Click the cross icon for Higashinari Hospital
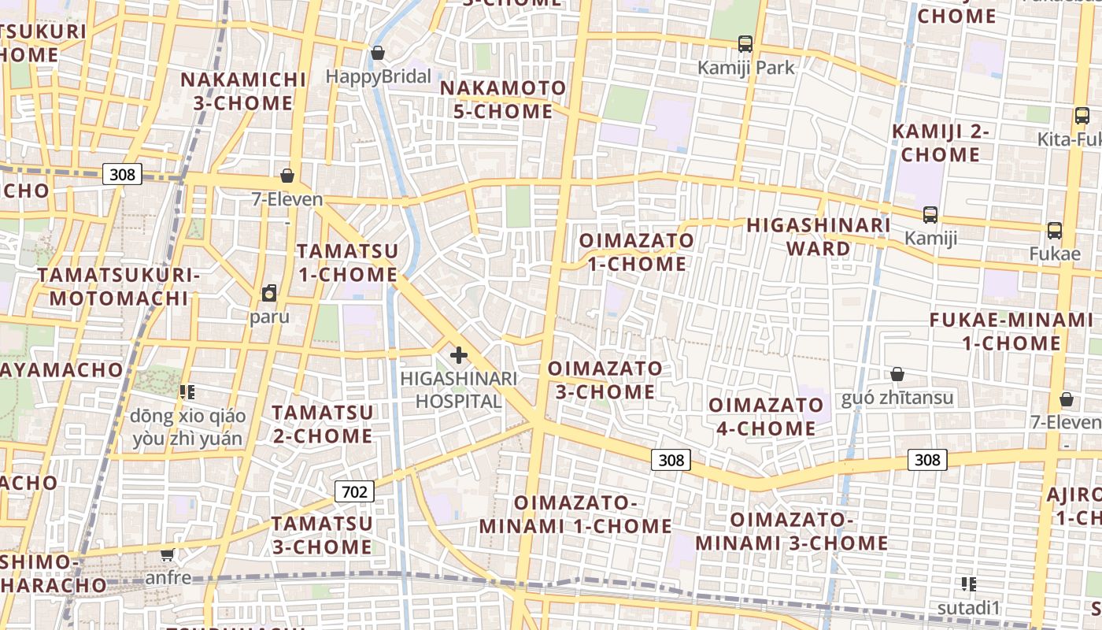pyautogui.click(x=458, y=355)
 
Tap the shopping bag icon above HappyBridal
pyautogui.click(x=378, y=54)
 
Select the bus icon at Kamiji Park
pyautogui.click(x=745, y=44)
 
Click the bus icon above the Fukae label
pyautogui.click(x=1054, y=231)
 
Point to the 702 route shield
pyautogui.click(x=354, y=492)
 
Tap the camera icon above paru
pyautogui.click(x=269, y=294)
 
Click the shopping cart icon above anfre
pyautogui.click(x=167, y=555)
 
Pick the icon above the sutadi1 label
pyautogui.click(x=968, y=584)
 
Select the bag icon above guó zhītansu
pyautogui.click(x=897, y=374)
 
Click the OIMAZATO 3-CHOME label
pyautogui.click(x=605, y=380)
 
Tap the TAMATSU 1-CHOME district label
pyautogui.click(x=347, y=262)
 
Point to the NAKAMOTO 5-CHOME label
pyautogui.click(x=503, y=99)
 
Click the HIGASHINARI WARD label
pyautogui.click(x=819, y=236)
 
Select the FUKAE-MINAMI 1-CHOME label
pyautogui.click(x=1011, y=332)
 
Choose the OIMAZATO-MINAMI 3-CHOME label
pyautogui.click(x=791, y=532)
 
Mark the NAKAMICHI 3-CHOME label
pyautogui.click(x=243, y=91)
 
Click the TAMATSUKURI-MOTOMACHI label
pyautogui.click(x=119, y=287)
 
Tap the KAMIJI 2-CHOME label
pyautogui.click(x=941, y=143)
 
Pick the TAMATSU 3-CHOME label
pyautogui.click(x=322, y=535)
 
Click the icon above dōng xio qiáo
pyautogui.click(x=187, y=391)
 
